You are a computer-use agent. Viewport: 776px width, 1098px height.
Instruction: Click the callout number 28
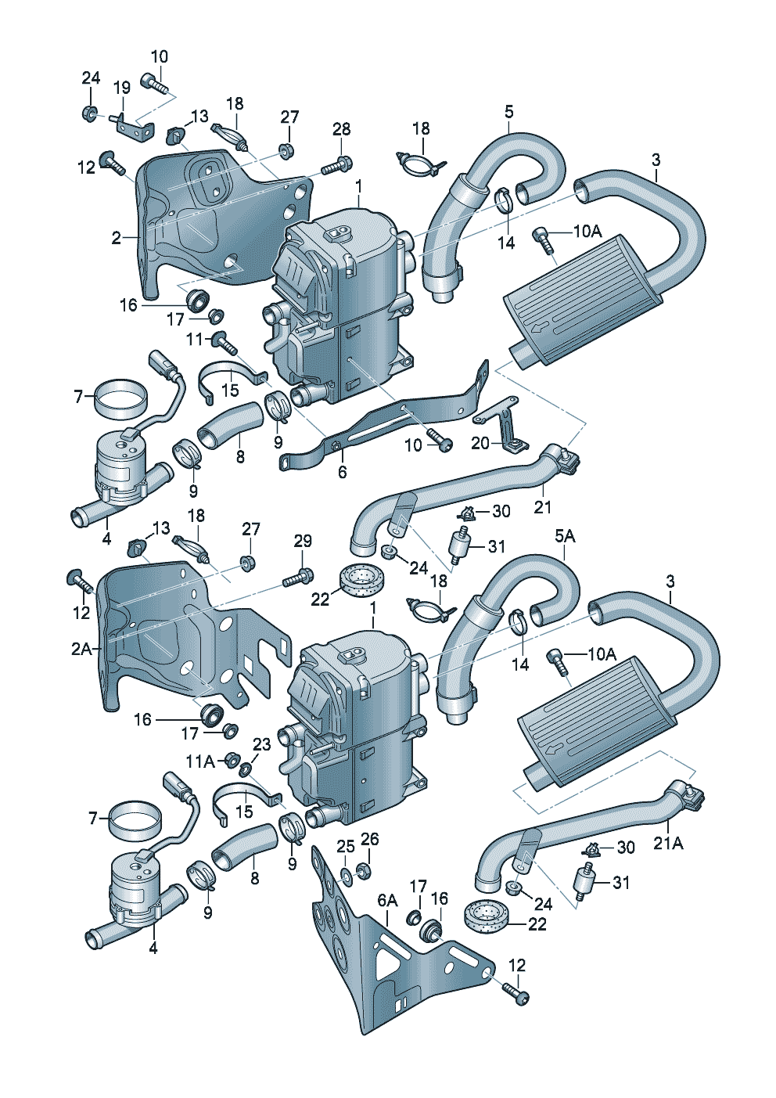point(341,130)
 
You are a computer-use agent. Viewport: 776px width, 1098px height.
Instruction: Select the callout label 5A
point(565,536)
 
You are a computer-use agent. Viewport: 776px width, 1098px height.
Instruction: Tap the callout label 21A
point(669,843)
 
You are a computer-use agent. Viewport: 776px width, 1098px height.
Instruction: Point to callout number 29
point(303,541)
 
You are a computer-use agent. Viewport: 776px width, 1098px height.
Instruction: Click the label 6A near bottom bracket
point(388,901)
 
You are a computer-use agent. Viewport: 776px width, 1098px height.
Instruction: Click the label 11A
point(199,761)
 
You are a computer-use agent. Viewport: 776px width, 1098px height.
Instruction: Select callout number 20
point(480,443)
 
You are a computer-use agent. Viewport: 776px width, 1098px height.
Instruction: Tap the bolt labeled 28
point(337,166)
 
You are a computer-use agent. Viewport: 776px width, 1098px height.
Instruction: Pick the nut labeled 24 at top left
point(89,113)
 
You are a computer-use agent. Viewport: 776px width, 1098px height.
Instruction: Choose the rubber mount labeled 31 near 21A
point(584,884)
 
